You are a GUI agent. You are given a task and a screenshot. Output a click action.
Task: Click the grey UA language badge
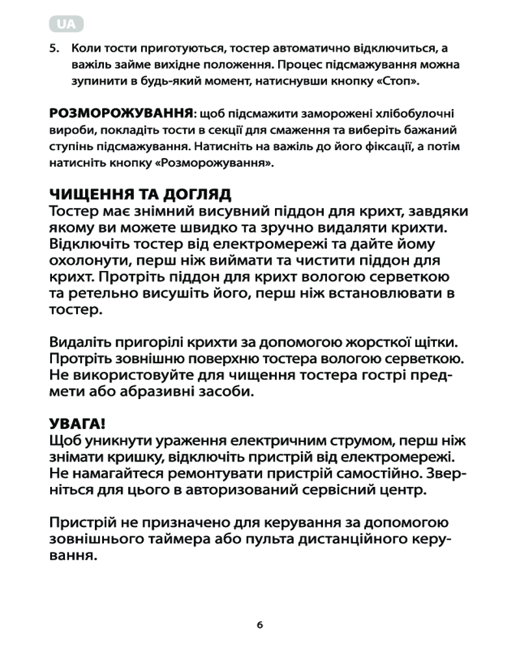point(66,24)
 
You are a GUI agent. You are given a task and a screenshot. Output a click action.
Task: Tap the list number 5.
point(55,49)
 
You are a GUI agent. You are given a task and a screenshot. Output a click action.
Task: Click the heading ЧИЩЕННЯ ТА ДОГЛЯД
point(141,196)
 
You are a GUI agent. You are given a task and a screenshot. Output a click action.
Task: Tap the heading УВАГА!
point(77,425)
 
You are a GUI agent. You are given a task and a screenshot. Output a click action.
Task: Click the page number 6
point(259,625)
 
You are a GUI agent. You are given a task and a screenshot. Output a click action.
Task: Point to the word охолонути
point(90,261)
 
